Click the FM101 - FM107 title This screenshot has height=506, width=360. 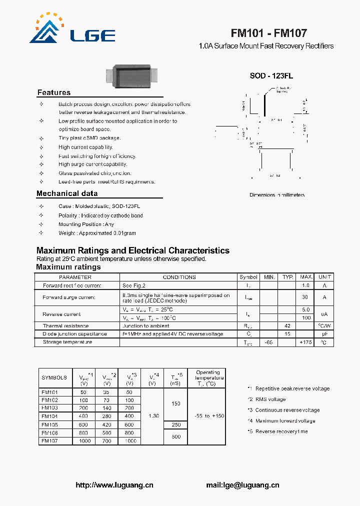tap(268, 33)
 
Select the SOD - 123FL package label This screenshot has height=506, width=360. tap(271, 76)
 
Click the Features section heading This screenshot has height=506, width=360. tap(54, 92)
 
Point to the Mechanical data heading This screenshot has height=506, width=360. tap(67, 193)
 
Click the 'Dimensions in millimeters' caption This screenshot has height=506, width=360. tap(277, 195)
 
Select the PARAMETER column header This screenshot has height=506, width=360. tap(75, 277)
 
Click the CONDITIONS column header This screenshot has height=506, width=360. tap(179, 277)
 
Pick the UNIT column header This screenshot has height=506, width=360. tap(324, 277)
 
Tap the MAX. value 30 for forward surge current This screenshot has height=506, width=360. tap(305, 297)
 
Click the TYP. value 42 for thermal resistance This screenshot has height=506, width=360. tap(287, 325)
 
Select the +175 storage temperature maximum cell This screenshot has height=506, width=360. tap(305, 342)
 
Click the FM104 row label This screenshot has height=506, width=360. tap(49, 416)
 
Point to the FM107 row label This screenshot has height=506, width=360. tap(49, 441)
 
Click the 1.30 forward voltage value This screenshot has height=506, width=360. tap(153, 416)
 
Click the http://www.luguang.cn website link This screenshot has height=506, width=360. tap(114, 485)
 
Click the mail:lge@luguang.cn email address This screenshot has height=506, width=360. tap(242, 485)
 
